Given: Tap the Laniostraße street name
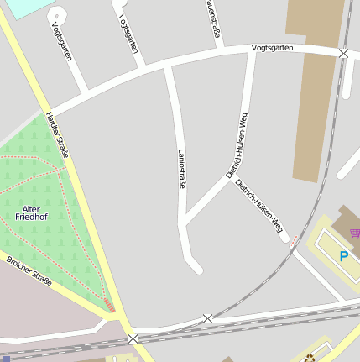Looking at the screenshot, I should pos(182,168).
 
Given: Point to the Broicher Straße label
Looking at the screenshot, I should pos(29,270).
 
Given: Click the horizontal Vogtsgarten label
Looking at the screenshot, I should pos(273,48).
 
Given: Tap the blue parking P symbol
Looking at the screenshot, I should pos(344,255).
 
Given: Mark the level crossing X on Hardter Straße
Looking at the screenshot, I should pos(133,338).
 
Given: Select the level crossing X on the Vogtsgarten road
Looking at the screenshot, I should pos(343,53).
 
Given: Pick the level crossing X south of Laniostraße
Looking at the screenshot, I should pos(207,318).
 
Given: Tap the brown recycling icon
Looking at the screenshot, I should pos(309,358).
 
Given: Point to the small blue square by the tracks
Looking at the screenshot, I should pos(6,358).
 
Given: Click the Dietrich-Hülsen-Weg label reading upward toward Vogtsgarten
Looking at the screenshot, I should pos(238,145).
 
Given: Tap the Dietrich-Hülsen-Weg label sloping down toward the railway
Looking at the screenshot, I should pos(260,206).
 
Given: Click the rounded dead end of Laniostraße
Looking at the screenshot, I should pos(196,267).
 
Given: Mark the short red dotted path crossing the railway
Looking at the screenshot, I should pos(294,242).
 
